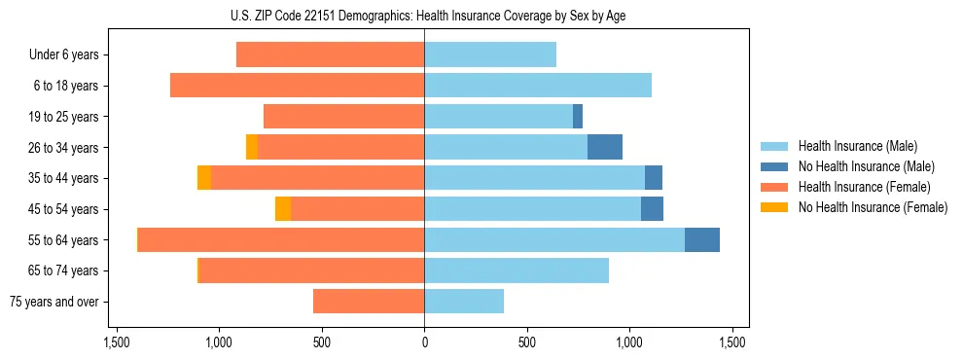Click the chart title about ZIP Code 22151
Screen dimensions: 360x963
(x=423, y=16)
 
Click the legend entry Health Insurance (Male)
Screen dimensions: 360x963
(x=857, y=146)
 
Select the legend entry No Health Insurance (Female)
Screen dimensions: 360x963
(x=872, y=207)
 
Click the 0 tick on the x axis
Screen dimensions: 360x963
(x=424, y=342)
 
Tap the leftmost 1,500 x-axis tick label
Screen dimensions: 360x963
(x=116, y=342)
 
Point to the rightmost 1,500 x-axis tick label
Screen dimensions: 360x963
(x=732, y=342)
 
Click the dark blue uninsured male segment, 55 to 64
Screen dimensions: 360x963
(x=702, y=240)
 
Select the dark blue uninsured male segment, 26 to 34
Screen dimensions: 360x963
(x=605, y=148)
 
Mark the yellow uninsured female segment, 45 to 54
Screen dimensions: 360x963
(x=283, y=209)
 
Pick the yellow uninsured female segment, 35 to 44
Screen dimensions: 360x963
(x=204, y=178)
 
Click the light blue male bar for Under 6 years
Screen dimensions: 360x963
(x=490, y=55)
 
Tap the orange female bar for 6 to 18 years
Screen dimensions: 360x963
(x=297, y=86)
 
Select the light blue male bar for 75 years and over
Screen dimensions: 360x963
(x=464, y=302)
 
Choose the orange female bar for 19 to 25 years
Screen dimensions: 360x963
(x=343, y=117)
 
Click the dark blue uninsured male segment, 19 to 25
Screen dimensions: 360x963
(x=578, y=117)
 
